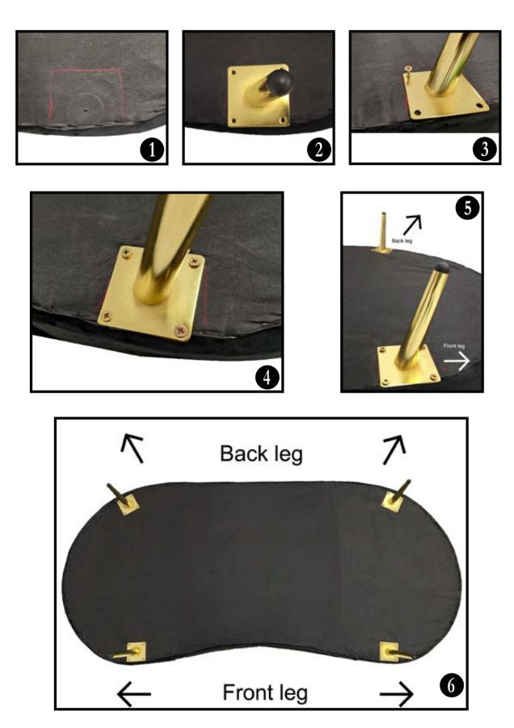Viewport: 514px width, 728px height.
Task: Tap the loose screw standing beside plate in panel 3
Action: (407, 75)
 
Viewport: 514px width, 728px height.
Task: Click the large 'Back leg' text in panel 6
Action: (261, 454)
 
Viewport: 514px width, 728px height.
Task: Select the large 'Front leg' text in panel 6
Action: (264, 692)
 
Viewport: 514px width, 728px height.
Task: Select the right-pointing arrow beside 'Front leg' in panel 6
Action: (396, 693)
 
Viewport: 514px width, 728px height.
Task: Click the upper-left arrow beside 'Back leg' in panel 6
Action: (133, 447)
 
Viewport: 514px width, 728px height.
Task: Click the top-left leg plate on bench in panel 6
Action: (125, 504)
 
